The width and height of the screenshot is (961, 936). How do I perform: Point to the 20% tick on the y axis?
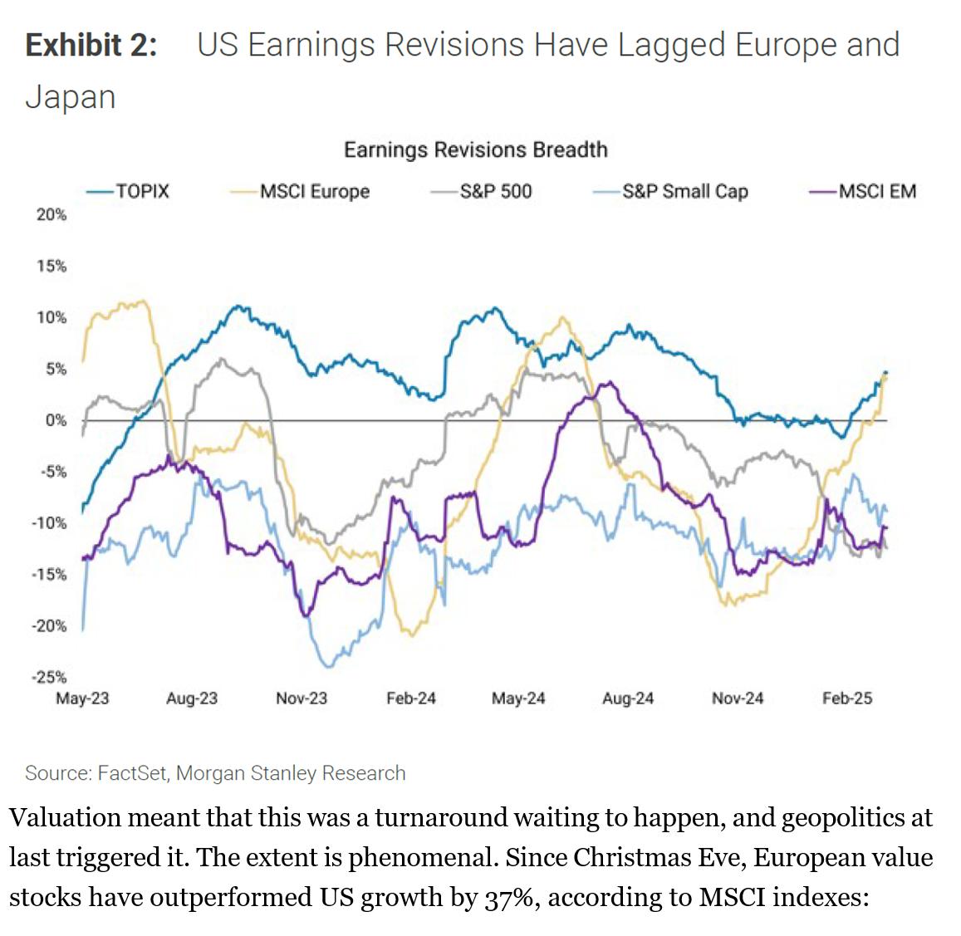click(51, 214)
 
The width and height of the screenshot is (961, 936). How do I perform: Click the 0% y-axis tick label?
click(56, 420)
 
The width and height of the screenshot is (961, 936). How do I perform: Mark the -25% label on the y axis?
click(50, 677)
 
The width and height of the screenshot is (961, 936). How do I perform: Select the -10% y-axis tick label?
click(50, 523)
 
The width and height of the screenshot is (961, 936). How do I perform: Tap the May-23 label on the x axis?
click(82, 698)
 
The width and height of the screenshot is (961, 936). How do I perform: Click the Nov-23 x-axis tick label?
click(302, 698)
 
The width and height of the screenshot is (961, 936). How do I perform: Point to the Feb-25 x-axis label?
click(847, 698)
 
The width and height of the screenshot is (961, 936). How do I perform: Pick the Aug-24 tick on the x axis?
click(628, 698)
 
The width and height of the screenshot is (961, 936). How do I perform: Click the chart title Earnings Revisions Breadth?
click(476, 149)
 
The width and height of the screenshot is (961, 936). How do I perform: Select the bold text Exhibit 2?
click(91, 45)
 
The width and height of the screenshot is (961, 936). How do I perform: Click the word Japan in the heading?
click(71, 97)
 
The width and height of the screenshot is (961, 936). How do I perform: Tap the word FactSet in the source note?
click(132, 773)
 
